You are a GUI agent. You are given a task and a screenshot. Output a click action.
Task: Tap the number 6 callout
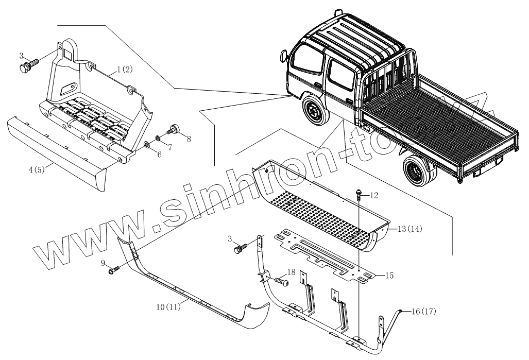[x=159, y=154]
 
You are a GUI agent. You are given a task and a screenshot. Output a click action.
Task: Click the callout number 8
[x=189, y=139]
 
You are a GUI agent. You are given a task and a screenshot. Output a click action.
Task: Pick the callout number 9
[x=104, y=263]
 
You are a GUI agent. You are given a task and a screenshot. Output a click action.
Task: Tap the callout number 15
[x=389, y=276]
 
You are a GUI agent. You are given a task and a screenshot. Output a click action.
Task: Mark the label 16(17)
[x=424, y=312]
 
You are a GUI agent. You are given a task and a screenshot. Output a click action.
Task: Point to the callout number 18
[x=292, y=272]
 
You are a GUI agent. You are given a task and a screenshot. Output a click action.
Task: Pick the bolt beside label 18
[x=280, y=282]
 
